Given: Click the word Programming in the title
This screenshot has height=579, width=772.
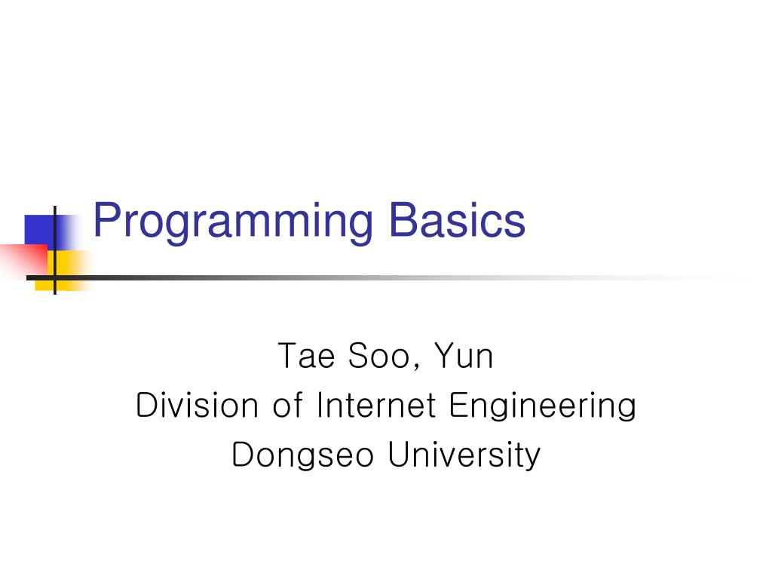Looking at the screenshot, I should (x=232, y=222).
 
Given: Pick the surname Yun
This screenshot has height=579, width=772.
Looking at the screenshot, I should (x=463, y=356).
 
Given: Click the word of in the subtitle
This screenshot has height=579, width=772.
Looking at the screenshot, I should (x=287, y=406).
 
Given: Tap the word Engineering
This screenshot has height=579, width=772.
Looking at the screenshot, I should (x=543, y=407).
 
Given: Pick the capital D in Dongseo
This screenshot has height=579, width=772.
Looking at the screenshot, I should (x=242, y=455).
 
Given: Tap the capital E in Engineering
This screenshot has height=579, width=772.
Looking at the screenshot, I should (x=458, y=406).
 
